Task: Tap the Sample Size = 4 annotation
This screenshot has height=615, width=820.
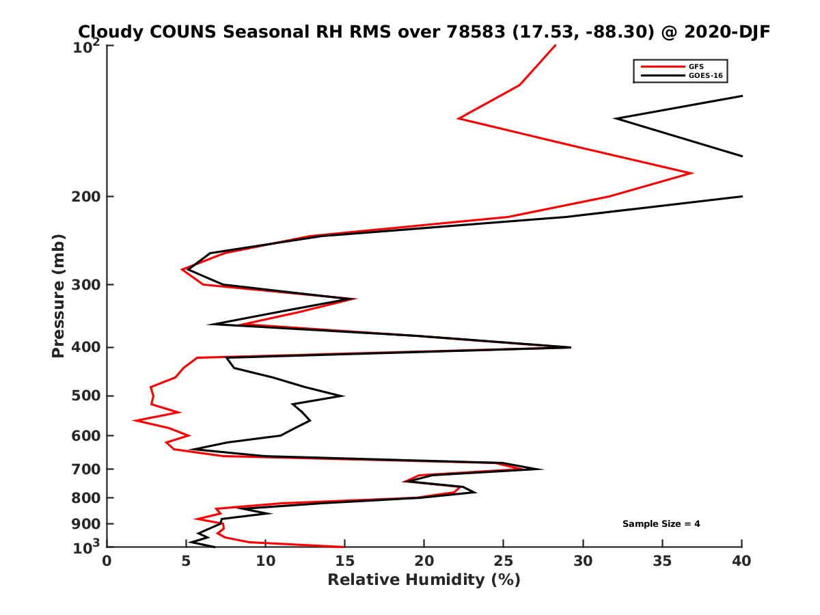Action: point(661,524)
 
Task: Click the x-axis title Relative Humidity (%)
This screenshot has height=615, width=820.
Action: point(424,580)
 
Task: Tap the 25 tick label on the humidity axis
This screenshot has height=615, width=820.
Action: point(504,561)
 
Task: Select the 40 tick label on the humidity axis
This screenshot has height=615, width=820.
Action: point(741,561)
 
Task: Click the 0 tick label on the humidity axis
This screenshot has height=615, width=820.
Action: point(107,561)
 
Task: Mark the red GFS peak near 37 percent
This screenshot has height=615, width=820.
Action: point(693,173)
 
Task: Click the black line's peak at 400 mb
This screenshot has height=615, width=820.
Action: point(571,347)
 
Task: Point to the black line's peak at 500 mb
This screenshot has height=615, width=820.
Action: point(343,396)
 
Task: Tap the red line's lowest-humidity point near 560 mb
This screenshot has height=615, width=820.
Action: point(134,420)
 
